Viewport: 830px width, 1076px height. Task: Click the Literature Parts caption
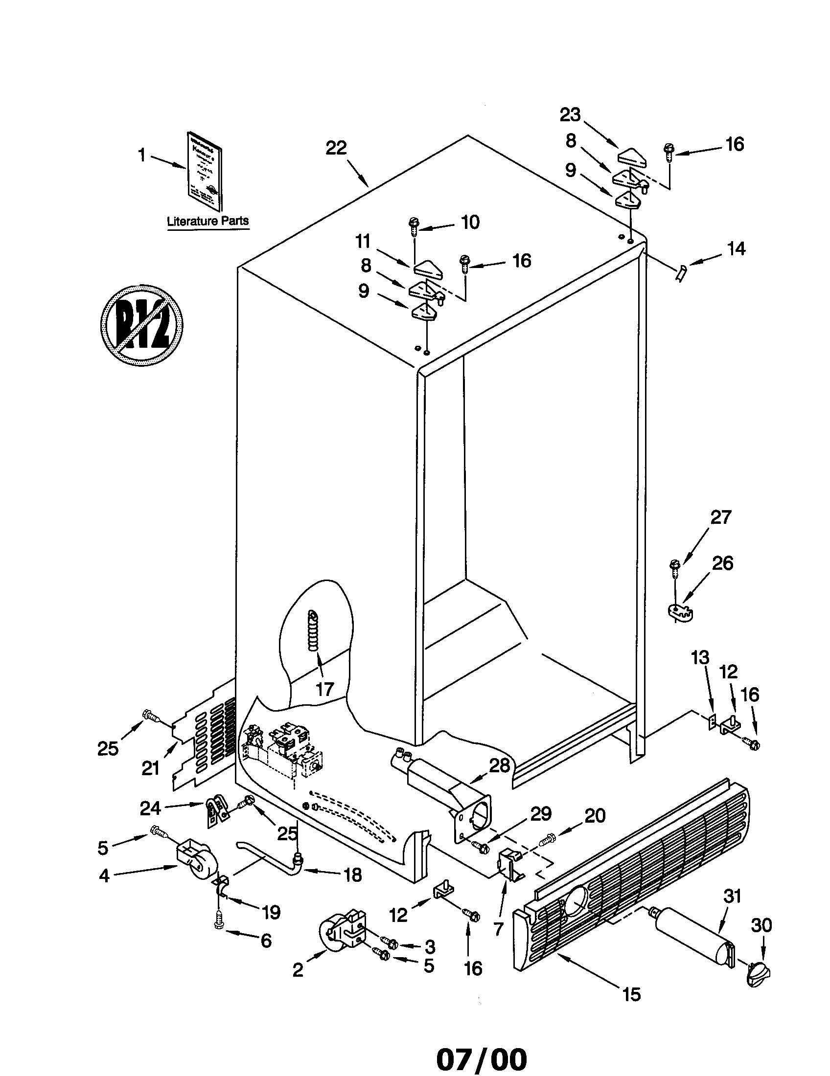(207, 221)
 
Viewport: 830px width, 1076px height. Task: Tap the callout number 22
(336, 148)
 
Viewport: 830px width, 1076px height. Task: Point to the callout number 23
(570, 115)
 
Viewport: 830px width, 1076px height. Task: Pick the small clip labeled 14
(681, 272)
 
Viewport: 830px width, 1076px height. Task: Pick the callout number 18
(353, 874)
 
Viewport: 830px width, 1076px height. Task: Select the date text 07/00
(481, 1056)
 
